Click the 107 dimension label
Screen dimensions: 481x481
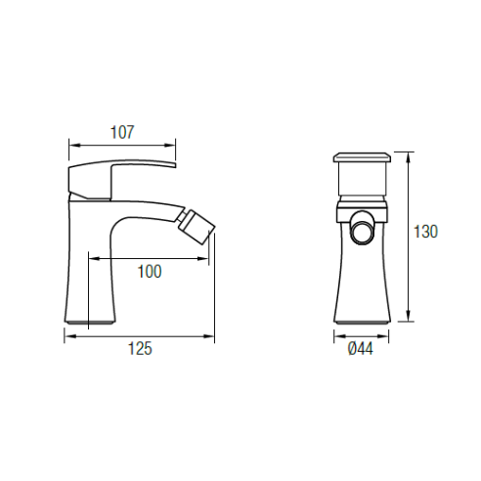point(122,132)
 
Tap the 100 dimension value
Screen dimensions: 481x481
point(150,272)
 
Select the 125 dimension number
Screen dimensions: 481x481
point(140,348)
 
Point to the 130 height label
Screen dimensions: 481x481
point(425,232)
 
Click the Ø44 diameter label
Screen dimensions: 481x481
point(361,349)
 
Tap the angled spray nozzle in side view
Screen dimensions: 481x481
point(197,226)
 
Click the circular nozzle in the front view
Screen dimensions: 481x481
point(362,232)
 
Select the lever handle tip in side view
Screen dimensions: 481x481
point(173,164)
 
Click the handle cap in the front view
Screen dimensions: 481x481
point(362,157)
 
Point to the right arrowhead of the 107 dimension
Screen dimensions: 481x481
point(170,146)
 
